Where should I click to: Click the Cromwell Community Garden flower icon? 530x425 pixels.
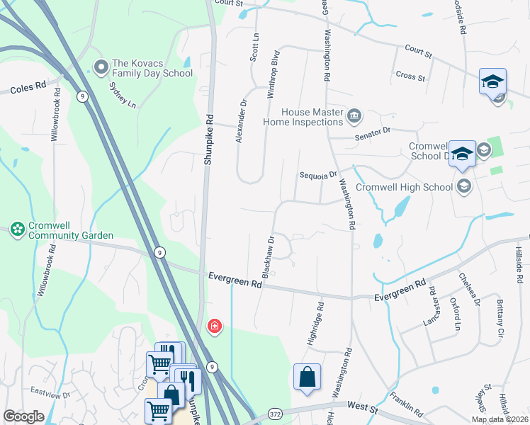coord(16,229)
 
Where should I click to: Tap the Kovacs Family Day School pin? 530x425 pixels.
coord(101,67)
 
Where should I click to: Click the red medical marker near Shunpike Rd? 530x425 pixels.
coord(214,326)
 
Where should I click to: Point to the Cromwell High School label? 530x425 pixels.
coord(404,187)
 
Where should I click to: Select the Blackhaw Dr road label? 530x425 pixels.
coord(269,256)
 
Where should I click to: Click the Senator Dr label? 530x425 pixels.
coord(376,131)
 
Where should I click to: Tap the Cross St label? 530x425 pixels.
coord(410,76)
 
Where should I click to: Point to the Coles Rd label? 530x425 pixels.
coord(28,86)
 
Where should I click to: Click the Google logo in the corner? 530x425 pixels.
coord(23,417)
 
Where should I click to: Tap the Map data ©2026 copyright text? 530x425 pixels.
coord(499,419)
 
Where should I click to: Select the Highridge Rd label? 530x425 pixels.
coord(315,324)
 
